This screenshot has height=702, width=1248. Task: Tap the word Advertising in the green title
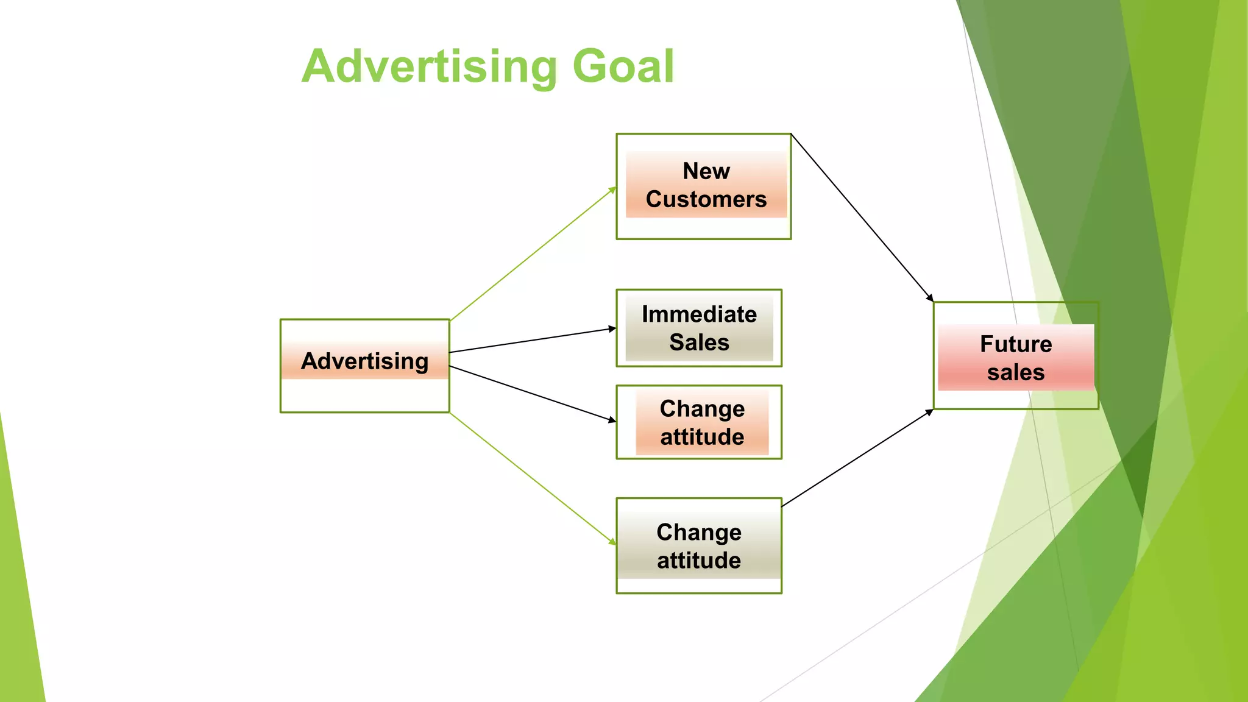[x=429, y=67]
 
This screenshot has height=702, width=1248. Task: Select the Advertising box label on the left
[x=364, y=361]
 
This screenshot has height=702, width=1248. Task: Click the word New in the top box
[x=706, y=171]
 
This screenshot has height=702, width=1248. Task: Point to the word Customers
[x=706, y=199]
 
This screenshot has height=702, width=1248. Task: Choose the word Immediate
[x=699, y=314]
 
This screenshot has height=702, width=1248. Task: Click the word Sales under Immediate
[x=699, y=342]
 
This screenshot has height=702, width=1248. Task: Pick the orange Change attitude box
[x=702, y=422]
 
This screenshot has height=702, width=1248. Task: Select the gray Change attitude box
[x=699, y=546]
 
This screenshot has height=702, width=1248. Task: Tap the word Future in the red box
[x=1016, y=344]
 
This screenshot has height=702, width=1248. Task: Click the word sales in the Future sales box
[x=1016, y=372]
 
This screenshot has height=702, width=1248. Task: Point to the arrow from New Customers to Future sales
[x=862, y=218]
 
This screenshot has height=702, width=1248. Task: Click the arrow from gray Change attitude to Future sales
[x=857, y=458]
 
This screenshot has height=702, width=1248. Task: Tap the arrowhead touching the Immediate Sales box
[x=612, y=329]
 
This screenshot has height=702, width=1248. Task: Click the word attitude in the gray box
[x=699, y=561]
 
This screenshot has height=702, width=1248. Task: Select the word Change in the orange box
[x=702, y=409]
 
